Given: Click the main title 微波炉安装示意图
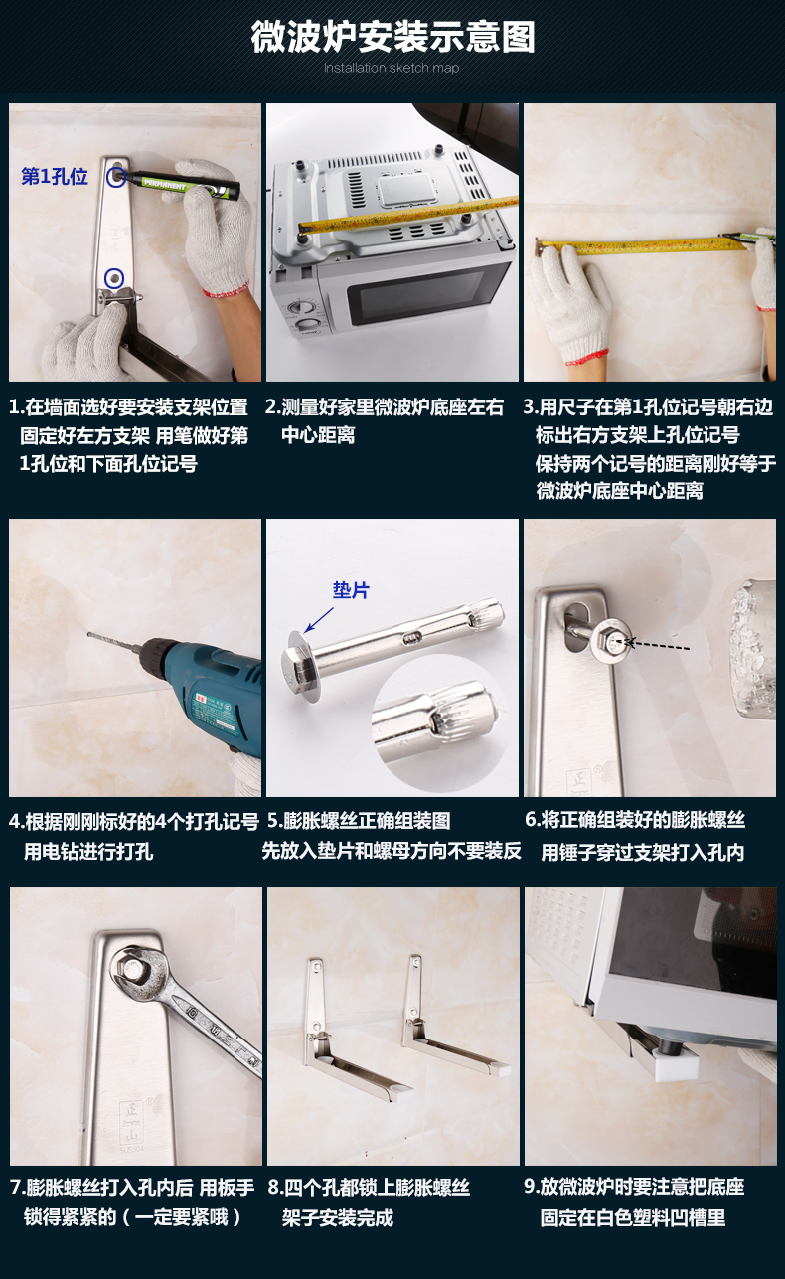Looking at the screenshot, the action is pos(392,38).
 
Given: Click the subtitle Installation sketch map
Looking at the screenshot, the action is pos(392,68).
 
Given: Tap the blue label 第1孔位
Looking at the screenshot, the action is pos(55,177).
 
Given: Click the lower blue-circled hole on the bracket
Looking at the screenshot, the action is pos(114,278).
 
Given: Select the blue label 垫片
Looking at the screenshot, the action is pos(351,590).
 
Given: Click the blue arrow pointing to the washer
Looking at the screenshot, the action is pos(319,619).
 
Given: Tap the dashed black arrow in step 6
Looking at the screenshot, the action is pos(657,645).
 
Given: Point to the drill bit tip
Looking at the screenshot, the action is pos(89,634).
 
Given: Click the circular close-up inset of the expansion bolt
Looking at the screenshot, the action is pos(441,722).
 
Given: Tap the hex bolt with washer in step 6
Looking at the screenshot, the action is pos(611,644).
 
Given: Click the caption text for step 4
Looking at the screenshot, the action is pos(134,837).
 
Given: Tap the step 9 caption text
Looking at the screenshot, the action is pos(634,1201).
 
